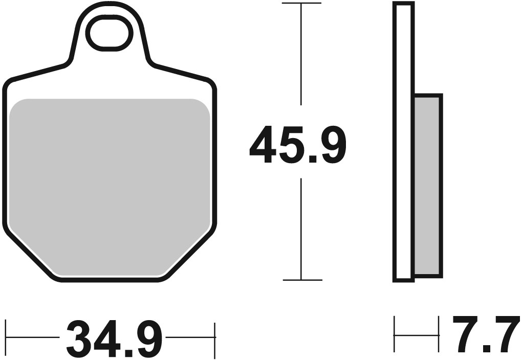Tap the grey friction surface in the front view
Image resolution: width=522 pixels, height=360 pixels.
click(x=110, y=184)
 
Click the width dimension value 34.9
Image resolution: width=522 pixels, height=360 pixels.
click(x=114, y=339)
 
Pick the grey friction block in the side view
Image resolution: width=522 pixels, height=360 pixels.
click(x=427, y=185)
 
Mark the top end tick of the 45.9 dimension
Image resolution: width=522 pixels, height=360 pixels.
click(x=301, y=3)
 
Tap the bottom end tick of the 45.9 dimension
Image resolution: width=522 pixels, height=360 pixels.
click(x=301, y=280)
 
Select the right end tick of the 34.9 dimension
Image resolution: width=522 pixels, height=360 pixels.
click(x=215, y=338)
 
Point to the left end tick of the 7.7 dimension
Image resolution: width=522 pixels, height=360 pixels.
click(x=394, y=335)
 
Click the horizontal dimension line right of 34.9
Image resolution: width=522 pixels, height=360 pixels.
click(x=189, y=338)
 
